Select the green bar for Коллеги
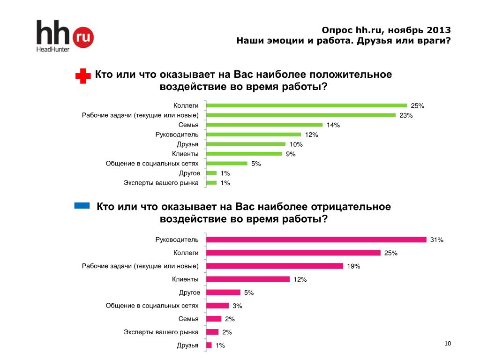[307, 105]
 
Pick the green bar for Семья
[264, 125]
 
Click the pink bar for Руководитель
[316, 240]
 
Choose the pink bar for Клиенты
[248, 279]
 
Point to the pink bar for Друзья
[209, 345]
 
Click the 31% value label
[436, 240]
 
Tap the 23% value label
[406, 116]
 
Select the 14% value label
[333, 125]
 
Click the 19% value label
[353, 267]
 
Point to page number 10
[447, 345]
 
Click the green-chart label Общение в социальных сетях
[152, 164]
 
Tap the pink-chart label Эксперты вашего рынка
[161, 332]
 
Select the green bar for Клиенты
[244, 154]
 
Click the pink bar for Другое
[223, 292]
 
